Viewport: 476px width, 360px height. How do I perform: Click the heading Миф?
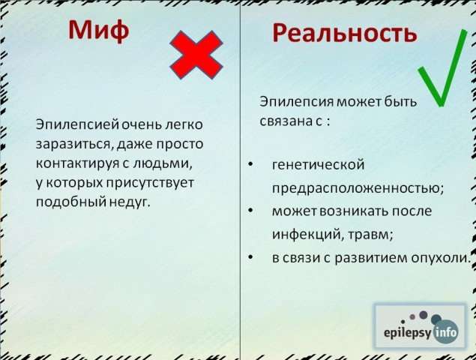coord(99,31)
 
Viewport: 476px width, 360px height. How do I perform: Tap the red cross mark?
coord(196,55)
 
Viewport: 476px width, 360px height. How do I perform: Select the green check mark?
coord(442,68)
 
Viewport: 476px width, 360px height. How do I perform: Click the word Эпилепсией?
coord(77,125)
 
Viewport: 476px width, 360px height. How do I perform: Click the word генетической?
coord(318,165)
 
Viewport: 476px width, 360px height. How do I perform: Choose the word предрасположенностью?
coord(358,188)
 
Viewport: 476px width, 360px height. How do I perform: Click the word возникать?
coord(353,211)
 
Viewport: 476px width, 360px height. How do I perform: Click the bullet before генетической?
coord(250,165)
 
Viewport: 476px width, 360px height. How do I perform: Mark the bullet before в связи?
coord(250,257)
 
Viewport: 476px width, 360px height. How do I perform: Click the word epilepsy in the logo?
coord(407,333)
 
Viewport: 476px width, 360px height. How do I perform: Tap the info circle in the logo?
coord(445,331)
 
